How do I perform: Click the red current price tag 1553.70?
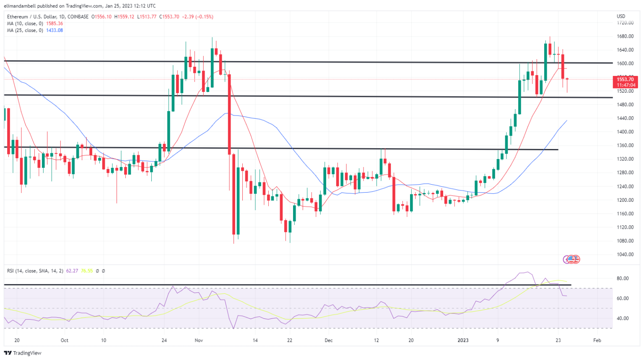click(x=625, y=79)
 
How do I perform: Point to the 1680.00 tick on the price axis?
click(x=625, y=37)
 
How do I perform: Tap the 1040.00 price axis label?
click(x=625, y=255)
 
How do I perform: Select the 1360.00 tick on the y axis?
click(x=625, y=146)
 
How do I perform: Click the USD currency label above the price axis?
click(x=621, y=16)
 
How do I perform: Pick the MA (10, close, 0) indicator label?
click(x=25, y=23)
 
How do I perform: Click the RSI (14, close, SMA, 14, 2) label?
click(x=35, y=271)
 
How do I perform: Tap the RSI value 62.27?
click(x=72, y=271)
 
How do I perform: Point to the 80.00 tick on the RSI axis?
click(x=623, y=279)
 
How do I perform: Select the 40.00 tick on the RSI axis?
click(x=623, y=318)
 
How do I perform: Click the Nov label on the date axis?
click(x=199, y=340)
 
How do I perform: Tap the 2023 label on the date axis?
click(x=463, y=340)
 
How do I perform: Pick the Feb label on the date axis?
click(x=597, y=340)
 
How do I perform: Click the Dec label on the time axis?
click(x=328, y=340)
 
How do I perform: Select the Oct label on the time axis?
click(x=64, y=340)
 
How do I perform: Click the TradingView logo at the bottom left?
click(x=23, y=353)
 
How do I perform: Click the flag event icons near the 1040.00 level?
click(x=571, y=259)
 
